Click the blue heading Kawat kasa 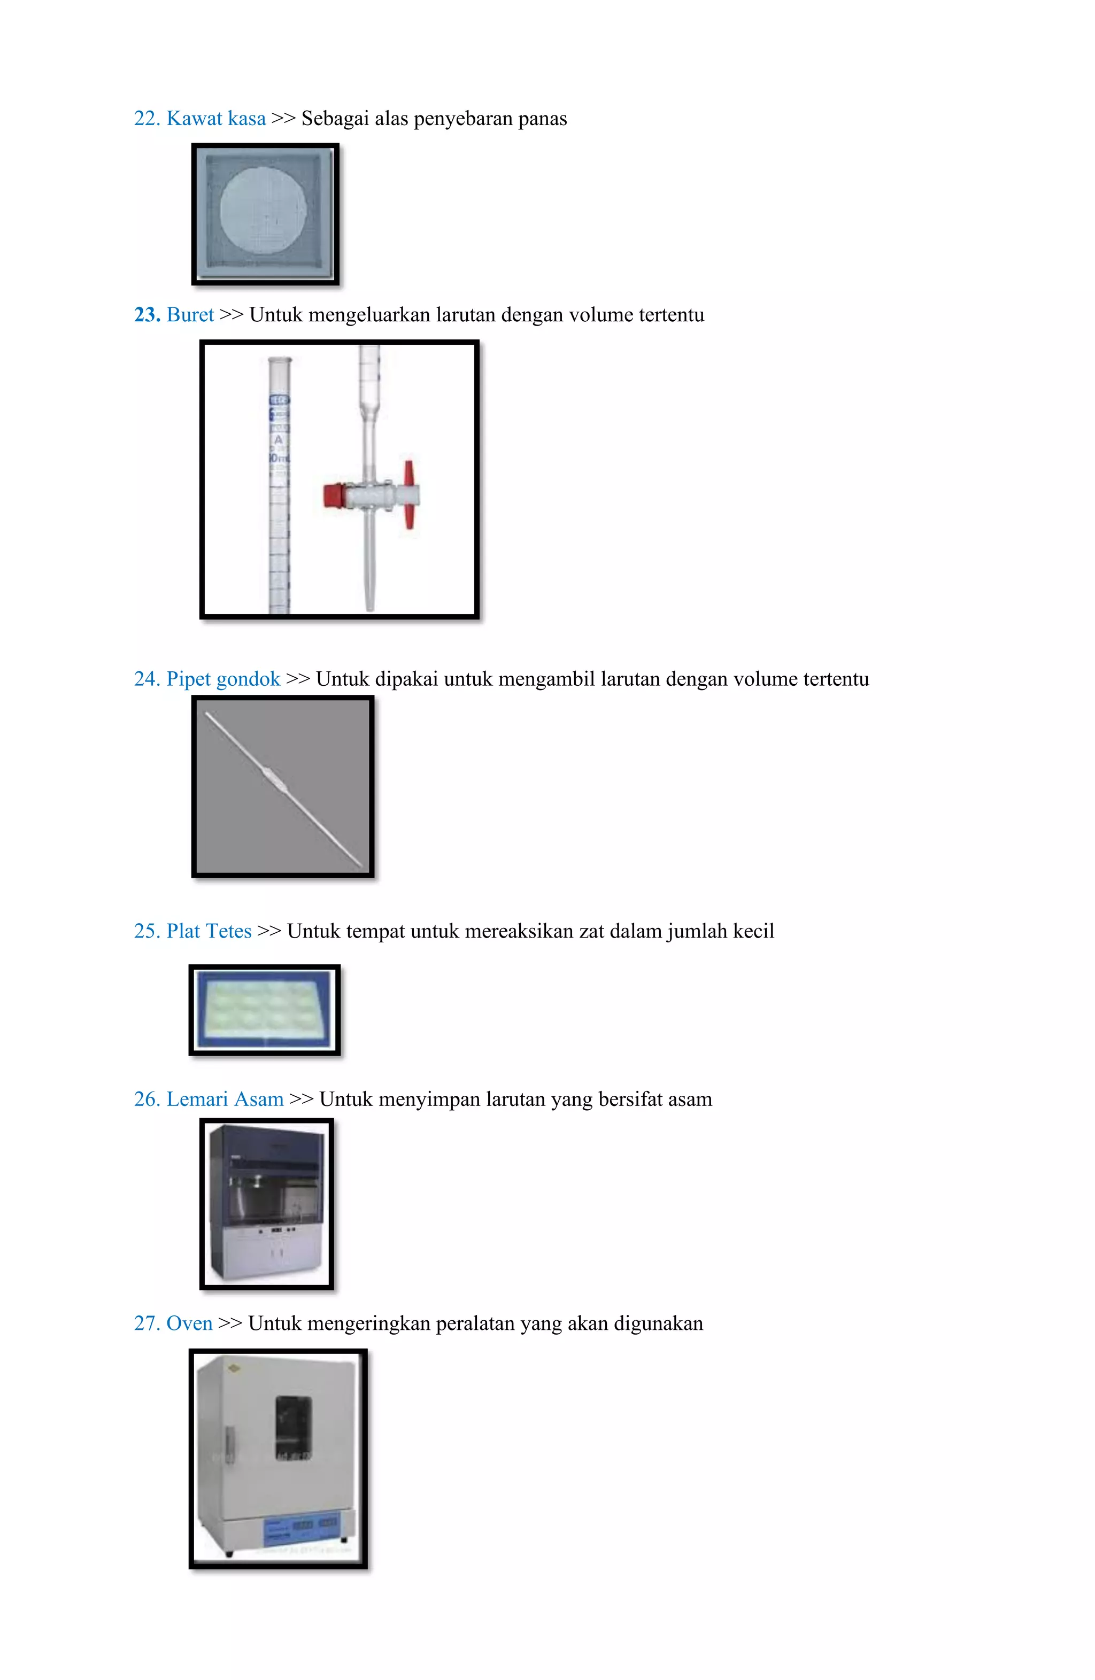215,119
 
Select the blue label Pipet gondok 223,679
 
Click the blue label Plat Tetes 209,931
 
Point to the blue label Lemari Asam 225,1099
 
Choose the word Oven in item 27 189,1323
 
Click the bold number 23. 147,315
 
